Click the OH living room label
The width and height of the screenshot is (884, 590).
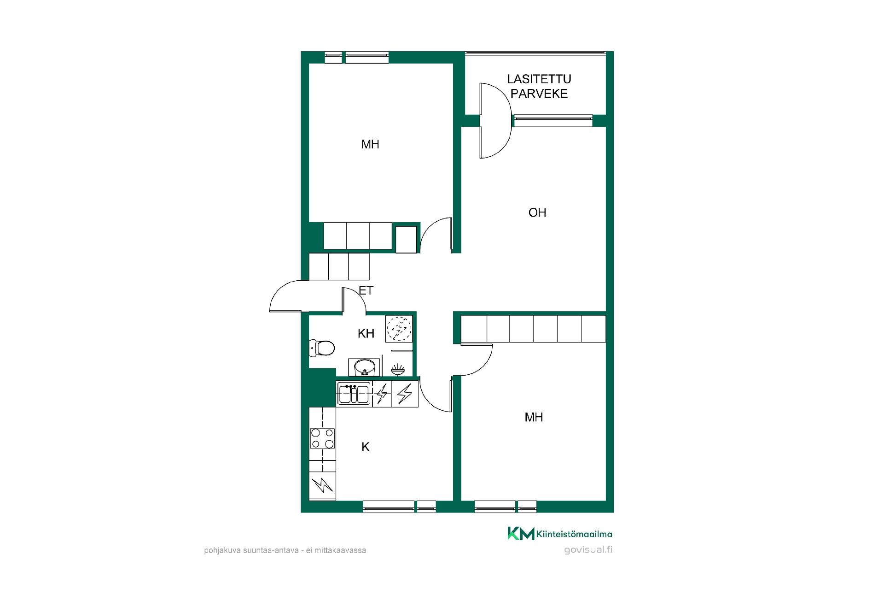tap(537, 212)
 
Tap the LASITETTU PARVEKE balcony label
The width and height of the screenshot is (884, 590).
tap(539, 86)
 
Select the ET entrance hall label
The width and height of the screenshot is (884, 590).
tap(366, 290)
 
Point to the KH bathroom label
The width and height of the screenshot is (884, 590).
tap(366, 333)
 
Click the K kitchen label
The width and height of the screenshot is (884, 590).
tap(366, 447)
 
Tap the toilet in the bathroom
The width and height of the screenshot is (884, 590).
tap(321, 348)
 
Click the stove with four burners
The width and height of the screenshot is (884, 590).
tap(322, 438)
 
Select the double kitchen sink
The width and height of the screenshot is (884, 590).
tap(354, 394)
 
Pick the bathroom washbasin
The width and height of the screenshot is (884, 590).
tap(365, 367)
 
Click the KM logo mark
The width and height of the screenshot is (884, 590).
tap(521, 533)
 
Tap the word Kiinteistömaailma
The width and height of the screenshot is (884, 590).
tap(574, 534)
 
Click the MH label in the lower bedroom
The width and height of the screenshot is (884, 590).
tap(534, 417)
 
